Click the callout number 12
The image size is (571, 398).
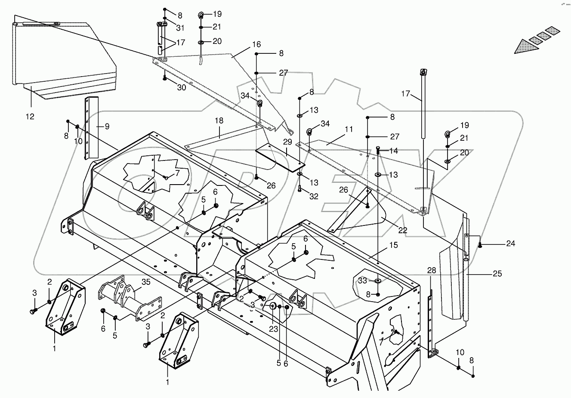tap(31, 117)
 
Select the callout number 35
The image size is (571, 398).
tap(146, 283)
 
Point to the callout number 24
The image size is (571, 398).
tap(510, 244)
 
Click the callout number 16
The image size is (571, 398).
tap(256, 45)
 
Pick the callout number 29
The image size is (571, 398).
tap(287, 142)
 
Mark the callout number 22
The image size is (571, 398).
tap(402, 230)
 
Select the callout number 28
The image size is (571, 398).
tap(432, 270)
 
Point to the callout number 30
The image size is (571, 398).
tap(182, 87)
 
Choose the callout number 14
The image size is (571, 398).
tap(394, 151)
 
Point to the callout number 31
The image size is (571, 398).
tap(180, 28)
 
